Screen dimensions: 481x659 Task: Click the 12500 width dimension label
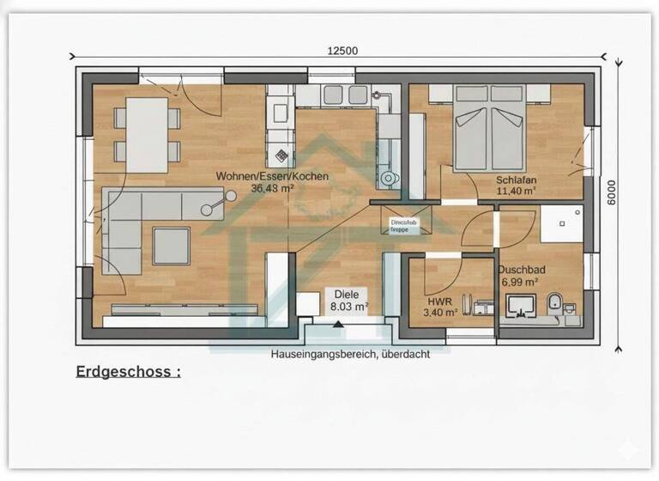(342, 50)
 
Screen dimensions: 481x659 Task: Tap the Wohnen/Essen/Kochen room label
(272, 176)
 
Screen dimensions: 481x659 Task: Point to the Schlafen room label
(517, 180)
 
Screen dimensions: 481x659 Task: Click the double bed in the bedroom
(489, 129)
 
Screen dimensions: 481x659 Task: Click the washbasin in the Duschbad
(520, 305)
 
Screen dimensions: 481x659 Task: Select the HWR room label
(439, 302)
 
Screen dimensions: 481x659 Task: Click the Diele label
(349, 293)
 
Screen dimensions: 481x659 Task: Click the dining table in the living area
(147, 135)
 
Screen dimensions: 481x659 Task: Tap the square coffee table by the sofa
(171, 246)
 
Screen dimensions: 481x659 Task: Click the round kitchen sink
(390, 179)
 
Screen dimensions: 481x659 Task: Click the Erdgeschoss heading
(128, 372)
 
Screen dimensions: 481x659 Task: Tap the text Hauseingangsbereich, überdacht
(350, 354)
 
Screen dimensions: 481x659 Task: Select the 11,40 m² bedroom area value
(517, 192)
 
